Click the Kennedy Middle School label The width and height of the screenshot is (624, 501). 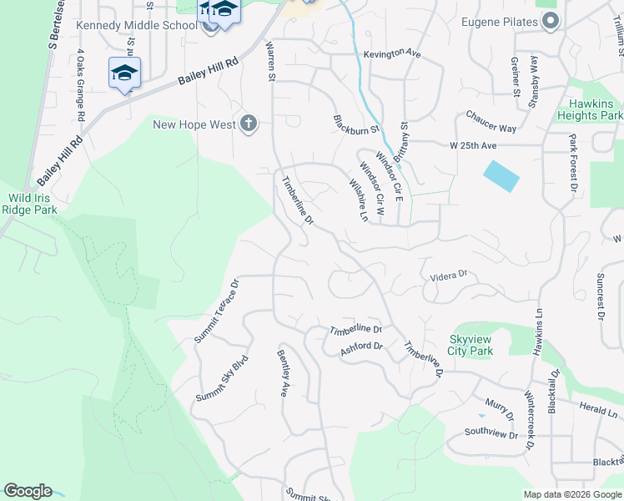tap(137, 25)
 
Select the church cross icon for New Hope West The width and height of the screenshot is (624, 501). tap(248, 124)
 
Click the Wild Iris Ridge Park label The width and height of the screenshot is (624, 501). tap(33, 205)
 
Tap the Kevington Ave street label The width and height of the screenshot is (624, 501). tap(391, 53)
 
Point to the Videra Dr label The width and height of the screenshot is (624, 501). tap(450, 275)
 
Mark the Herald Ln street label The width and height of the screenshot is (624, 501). tap(598, 409)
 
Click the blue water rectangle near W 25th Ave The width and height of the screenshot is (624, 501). tap(501, 175)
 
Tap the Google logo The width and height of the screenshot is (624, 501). tap(27, 491)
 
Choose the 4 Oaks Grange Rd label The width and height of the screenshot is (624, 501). tap(81, 84)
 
